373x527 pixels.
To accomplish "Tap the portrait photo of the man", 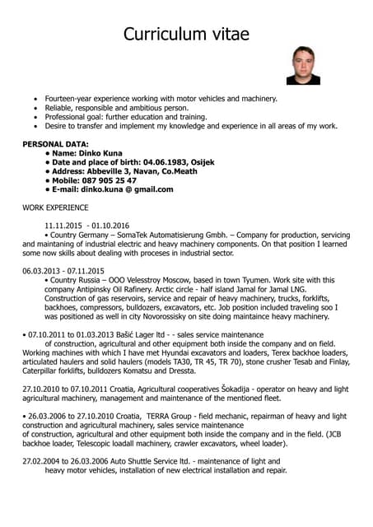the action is pos(303,65).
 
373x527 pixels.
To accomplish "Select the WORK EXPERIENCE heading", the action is pos(55,208).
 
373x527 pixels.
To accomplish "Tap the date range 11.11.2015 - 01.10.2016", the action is pos(87,226).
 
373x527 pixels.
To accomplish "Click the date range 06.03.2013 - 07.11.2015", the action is pos(63,270).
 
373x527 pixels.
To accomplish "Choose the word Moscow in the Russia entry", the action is pos(174,280).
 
